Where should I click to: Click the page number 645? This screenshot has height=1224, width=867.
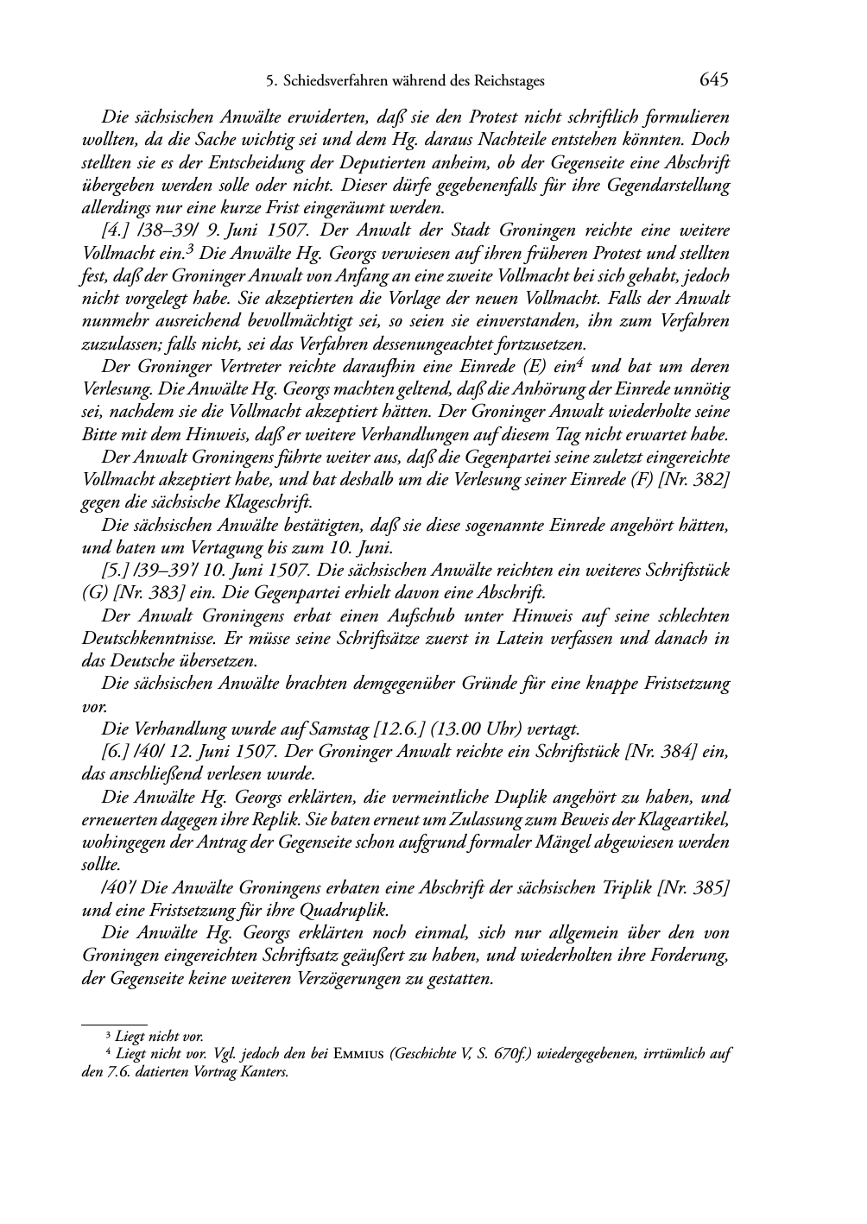(714, 80)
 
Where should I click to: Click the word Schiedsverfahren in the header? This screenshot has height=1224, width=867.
(333, 82)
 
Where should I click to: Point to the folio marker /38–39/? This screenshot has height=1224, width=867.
(169, 230)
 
